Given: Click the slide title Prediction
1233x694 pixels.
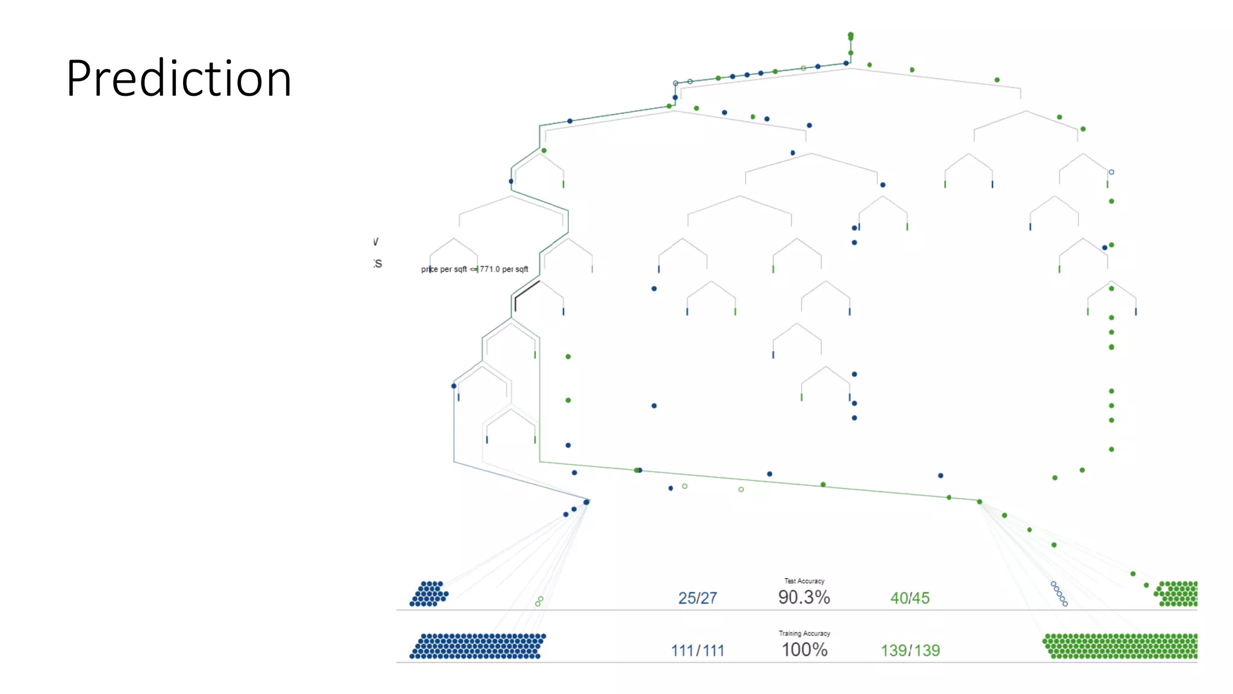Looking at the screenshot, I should pos(179,78).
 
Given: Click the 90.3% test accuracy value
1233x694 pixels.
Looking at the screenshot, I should pos(804,597).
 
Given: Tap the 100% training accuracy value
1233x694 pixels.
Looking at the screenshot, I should pos(804,649).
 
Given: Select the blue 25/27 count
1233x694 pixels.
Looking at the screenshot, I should pos(697,598).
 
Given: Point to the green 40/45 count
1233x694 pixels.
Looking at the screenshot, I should pos(910,598).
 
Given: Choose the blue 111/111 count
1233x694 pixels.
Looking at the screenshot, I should pos(697,651).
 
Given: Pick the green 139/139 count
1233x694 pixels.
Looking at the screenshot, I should pos(910,651).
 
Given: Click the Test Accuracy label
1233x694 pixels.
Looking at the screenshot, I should pos(804,581).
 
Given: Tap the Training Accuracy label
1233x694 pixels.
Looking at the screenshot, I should pos(804,633).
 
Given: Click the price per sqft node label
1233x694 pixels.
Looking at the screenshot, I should pos(474,269).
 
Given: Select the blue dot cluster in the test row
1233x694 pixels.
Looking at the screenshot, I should pos(429,594).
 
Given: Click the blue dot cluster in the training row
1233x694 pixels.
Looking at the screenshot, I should pos(478,646).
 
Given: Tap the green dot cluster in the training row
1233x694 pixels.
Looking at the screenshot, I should pos(1120,646).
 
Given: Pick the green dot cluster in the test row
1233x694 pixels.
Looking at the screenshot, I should pos(1176,594).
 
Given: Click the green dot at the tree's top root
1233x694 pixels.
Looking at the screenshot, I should pos(851,36).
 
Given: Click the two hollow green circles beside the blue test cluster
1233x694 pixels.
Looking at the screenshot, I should pos(539,601).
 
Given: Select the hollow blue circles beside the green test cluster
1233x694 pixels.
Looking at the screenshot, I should pos(1059,593).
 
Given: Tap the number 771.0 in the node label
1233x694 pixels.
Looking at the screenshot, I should pos(489,269).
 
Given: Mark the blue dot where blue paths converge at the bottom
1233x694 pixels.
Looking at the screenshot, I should pos(586,502).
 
